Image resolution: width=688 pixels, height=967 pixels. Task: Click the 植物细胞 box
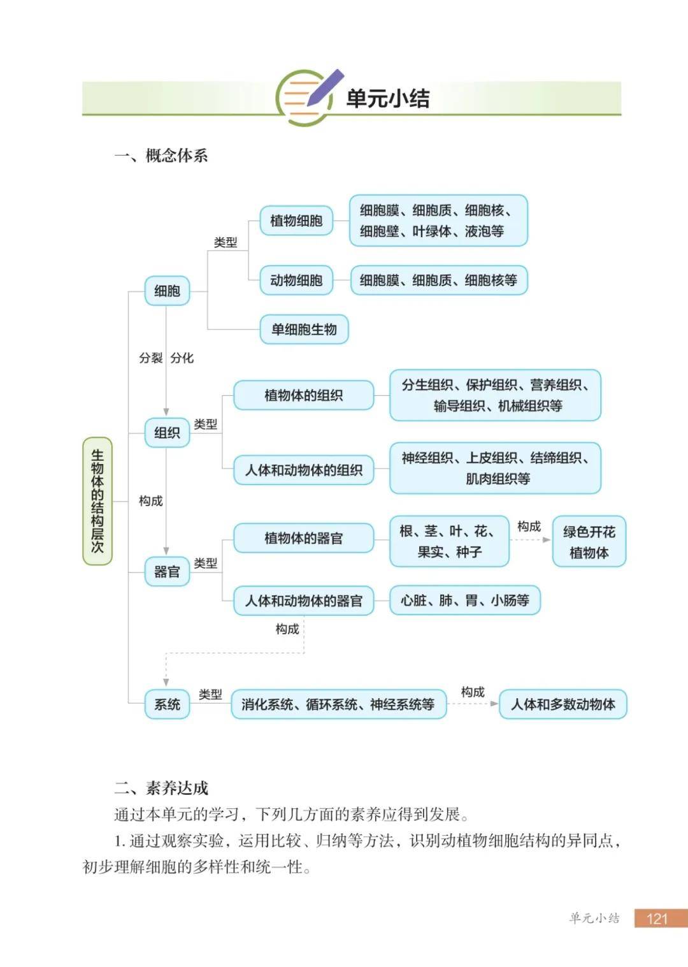(x=296, y=221)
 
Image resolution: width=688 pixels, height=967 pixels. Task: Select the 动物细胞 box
(x=296, y=280)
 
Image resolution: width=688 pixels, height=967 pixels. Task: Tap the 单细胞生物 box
(x=304, y=330)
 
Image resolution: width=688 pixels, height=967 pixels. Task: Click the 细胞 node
(x=167, y=291)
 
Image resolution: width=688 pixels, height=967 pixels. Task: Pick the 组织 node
(x=167, y=433)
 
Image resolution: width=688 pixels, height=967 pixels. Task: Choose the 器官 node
(x=167, y=572)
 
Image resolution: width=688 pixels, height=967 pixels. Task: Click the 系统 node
(x=167, y=704)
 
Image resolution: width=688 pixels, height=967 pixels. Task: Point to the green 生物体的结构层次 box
(x=97, y=501)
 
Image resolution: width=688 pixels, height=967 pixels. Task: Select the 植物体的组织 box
(x=304, y=395)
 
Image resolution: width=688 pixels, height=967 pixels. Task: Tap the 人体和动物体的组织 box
(x=304, y=470)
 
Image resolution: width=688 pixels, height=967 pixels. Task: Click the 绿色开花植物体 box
(x=589, y=541)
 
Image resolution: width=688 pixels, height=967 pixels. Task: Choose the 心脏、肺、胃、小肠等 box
(x=464, y=600)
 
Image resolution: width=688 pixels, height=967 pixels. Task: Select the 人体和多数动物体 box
(x=563, y=704)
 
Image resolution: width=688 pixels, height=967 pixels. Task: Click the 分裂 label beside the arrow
(x=150, y=358)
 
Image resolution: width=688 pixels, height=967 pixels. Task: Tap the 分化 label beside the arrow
(x=182, y=358)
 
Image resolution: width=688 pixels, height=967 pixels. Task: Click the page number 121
(x=657, y=918)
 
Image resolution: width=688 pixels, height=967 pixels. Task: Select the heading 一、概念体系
(x=161, y=156)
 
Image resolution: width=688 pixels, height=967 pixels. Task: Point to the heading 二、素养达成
(x=161, y=789)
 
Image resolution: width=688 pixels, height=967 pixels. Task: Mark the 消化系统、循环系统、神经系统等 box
(x=338, y=704)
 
